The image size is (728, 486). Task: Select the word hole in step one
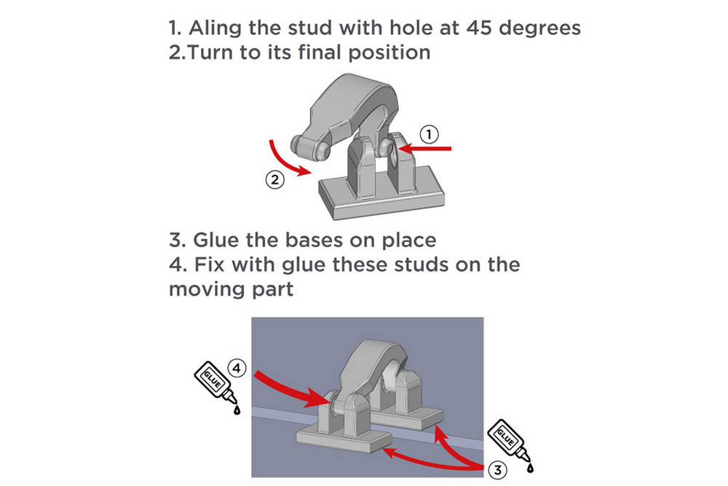coord(397,28)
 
